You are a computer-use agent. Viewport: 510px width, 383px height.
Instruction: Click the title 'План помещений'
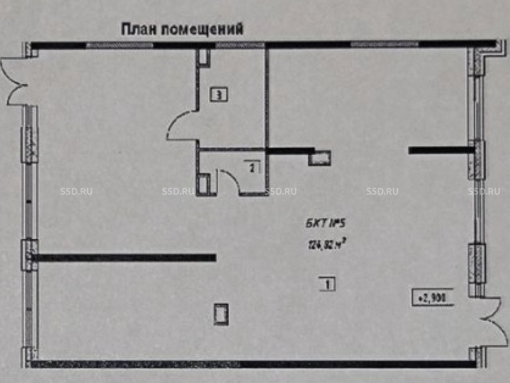pos(182,29)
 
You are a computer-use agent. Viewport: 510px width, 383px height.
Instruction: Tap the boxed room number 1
pos(327,284)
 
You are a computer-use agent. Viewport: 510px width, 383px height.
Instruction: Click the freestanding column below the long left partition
pos(221,313)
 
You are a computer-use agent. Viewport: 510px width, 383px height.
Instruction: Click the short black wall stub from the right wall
pos(441,150)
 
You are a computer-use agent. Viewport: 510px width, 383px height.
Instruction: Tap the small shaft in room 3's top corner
pos(205,56)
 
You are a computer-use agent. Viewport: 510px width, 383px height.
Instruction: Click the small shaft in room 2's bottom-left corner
pos(204,183)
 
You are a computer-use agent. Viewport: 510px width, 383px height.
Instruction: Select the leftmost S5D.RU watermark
pos(76,192)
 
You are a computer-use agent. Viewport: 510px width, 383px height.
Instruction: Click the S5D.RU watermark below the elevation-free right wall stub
pos(382,192)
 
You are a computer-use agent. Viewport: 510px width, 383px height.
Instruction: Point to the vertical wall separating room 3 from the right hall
pos(266,97)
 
